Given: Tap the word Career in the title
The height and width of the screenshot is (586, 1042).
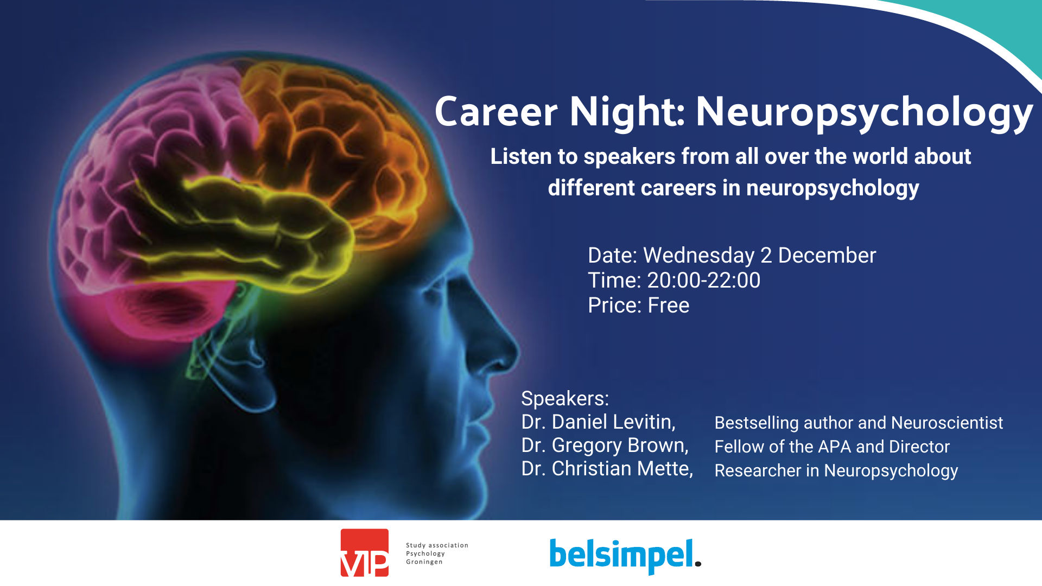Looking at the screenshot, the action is click(496, 112).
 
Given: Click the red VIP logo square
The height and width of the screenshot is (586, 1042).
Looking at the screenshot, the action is click(365, 552).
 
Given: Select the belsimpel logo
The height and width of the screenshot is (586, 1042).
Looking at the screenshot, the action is click(625, 556).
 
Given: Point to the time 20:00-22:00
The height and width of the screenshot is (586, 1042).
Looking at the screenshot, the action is click(704, 281).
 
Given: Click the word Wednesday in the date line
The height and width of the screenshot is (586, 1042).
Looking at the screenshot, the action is click(699, 256).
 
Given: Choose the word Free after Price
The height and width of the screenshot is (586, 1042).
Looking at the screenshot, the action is click(669, 305).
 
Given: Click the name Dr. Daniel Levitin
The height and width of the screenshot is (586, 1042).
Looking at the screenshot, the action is click(599, 422).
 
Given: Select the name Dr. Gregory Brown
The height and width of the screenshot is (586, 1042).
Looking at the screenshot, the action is click(605, 445).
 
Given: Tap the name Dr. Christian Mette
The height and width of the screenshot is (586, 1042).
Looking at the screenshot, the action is click(607, 469).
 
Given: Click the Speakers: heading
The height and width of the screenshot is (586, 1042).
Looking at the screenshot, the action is click(565, 399).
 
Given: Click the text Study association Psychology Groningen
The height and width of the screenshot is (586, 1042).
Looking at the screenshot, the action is click(437, 553).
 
